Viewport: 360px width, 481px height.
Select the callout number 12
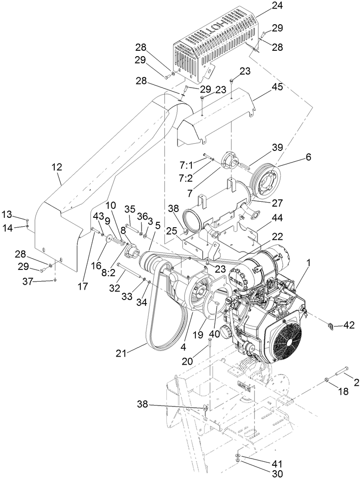coord(57,168)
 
